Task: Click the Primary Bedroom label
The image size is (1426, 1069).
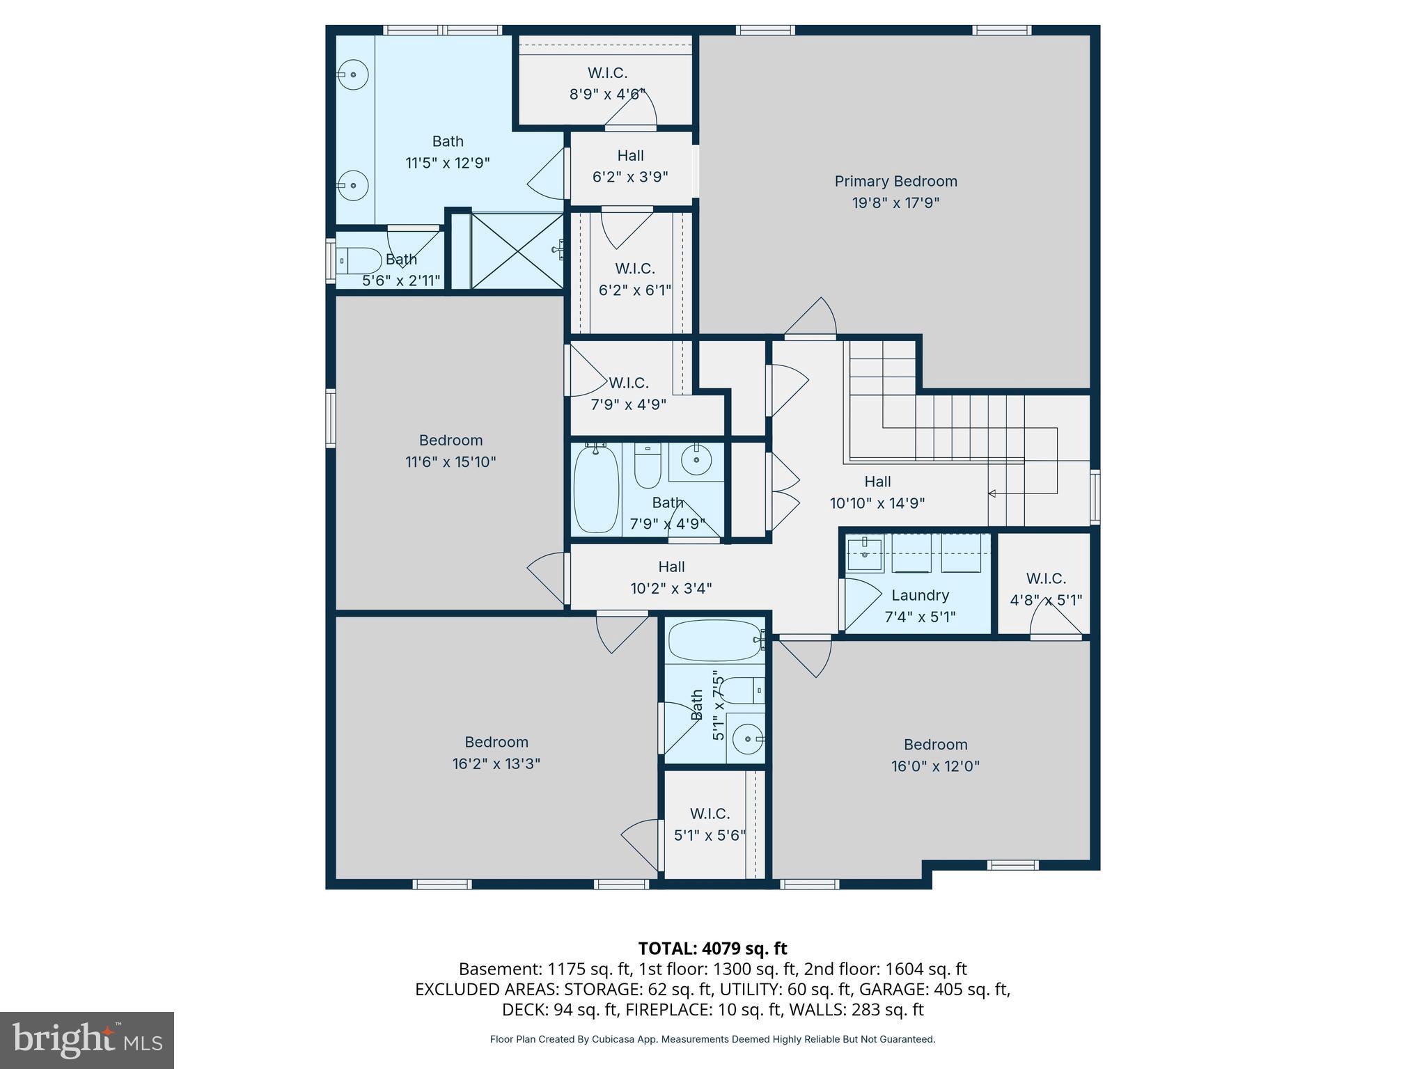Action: coord(895,182)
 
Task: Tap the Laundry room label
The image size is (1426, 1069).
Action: coord(920,596)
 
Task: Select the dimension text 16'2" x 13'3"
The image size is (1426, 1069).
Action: coord(496,763)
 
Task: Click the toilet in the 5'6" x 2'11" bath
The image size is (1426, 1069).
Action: coord(359,261)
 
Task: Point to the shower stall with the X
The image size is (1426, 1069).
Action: coord(517,251)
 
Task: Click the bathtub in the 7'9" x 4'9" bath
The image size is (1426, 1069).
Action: coord(596,489)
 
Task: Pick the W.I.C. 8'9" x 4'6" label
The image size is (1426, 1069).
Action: coord(607,73)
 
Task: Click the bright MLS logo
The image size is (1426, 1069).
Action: coord(87,1040)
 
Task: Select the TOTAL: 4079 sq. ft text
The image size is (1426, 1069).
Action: coord(712,949)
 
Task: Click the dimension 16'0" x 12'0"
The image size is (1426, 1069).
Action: coord(935,766)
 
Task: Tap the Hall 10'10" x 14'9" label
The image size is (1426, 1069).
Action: coord(877,482)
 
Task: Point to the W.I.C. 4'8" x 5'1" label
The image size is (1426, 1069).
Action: coord(1045,579)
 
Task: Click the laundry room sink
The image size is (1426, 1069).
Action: coord(864,553)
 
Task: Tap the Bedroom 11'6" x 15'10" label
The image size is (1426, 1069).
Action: coord(450,441)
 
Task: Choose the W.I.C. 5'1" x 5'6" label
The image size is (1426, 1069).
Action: coord(710,814)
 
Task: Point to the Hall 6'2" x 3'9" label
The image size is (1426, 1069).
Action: coord(630,156)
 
